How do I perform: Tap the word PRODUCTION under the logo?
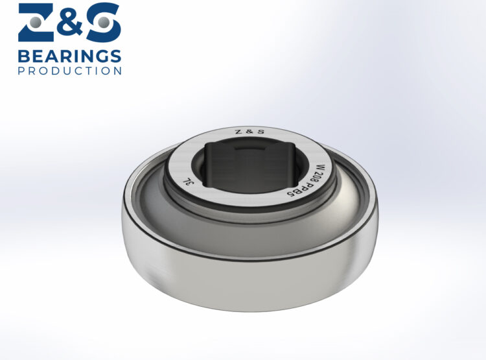tap(69, 70)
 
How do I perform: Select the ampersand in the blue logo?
tap(70, 21)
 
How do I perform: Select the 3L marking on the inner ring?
tap(185, 181)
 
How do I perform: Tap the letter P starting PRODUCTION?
tap(21, 70)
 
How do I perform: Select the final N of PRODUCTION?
tap(117, 70)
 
